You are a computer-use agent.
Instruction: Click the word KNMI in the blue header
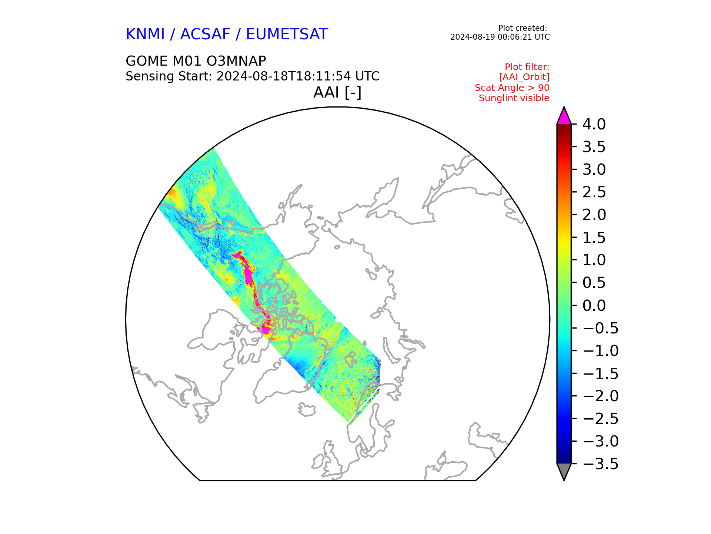(x=145, y=34)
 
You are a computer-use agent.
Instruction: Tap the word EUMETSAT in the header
(x=287, y=34)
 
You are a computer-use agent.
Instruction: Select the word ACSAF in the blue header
(x=205, y=34)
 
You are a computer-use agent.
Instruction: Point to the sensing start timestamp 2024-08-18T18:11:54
(x=284, y=76)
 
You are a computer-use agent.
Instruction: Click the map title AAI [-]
(x=337, y=92)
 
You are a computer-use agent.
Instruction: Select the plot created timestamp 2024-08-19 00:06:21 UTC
(x=500, y=37)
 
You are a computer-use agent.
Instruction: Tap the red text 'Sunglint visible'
(x=514, y=98)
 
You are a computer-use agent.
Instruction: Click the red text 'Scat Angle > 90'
(x=512, y=88)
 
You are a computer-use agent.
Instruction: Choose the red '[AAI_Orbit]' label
(x=524, y=77)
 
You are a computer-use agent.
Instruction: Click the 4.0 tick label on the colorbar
(x=594, y=124)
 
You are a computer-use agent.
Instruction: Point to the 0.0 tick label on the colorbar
(x=594, y=306)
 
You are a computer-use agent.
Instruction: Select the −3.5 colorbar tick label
(x=600, y=464)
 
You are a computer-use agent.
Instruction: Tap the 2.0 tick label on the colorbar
(x=594, y=215)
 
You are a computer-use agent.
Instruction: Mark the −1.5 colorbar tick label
(x=600, y=373)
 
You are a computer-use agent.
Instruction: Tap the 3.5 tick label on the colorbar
(x=594, y=147)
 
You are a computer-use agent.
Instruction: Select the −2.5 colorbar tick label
(x=600, y=419)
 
